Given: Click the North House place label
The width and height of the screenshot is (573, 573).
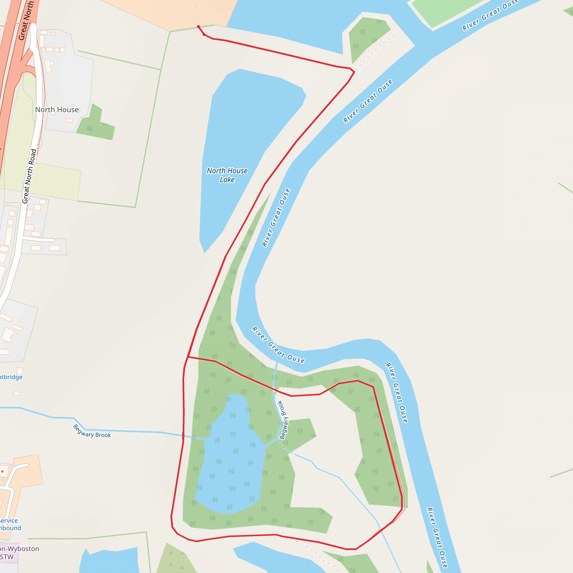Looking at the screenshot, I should [x=57, y=110].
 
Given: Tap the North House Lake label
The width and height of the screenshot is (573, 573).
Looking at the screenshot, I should [x=227, y=175].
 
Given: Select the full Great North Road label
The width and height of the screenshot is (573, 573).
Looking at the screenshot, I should [x=29, y=176].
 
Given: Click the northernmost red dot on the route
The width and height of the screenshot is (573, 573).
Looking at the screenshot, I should [x=198, y=27].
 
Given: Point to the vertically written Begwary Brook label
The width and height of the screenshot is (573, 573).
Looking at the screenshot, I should [x=283, y=420].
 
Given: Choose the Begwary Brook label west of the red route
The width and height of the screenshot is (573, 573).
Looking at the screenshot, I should [x=92, y=431].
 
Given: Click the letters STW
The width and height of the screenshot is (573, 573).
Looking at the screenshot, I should [x=7, y=557].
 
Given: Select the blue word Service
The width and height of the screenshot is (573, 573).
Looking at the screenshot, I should [x=9, y=520].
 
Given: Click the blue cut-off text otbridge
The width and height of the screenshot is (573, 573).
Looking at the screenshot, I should [x=11, y=377].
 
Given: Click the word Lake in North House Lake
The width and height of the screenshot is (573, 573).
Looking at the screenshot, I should [x=227, y=180].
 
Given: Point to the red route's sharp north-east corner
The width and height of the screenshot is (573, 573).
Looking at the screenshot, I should [x=354, y=72].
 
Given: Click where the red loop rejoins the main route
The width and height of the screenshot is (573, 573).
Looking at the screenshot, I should [x=188, y=357].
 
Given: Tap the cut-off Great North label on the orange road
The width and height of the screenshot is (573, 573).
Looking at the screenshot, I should [x=26, y=21].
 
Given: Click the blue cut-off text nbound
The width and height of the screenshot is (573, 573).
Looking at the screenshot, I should [x=11, y=528].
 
